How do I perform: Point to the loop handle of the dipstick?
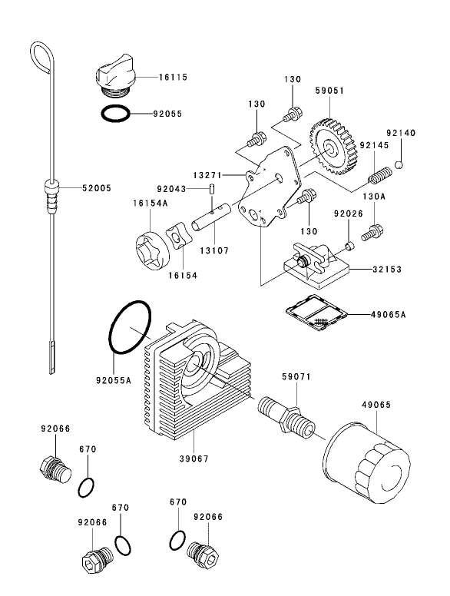point(40,57)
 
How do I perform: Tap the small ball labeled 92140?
point(400,164)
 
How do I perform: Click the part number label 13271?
point(208,175)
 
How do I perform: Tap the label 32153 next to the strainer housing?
point(388,270)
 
